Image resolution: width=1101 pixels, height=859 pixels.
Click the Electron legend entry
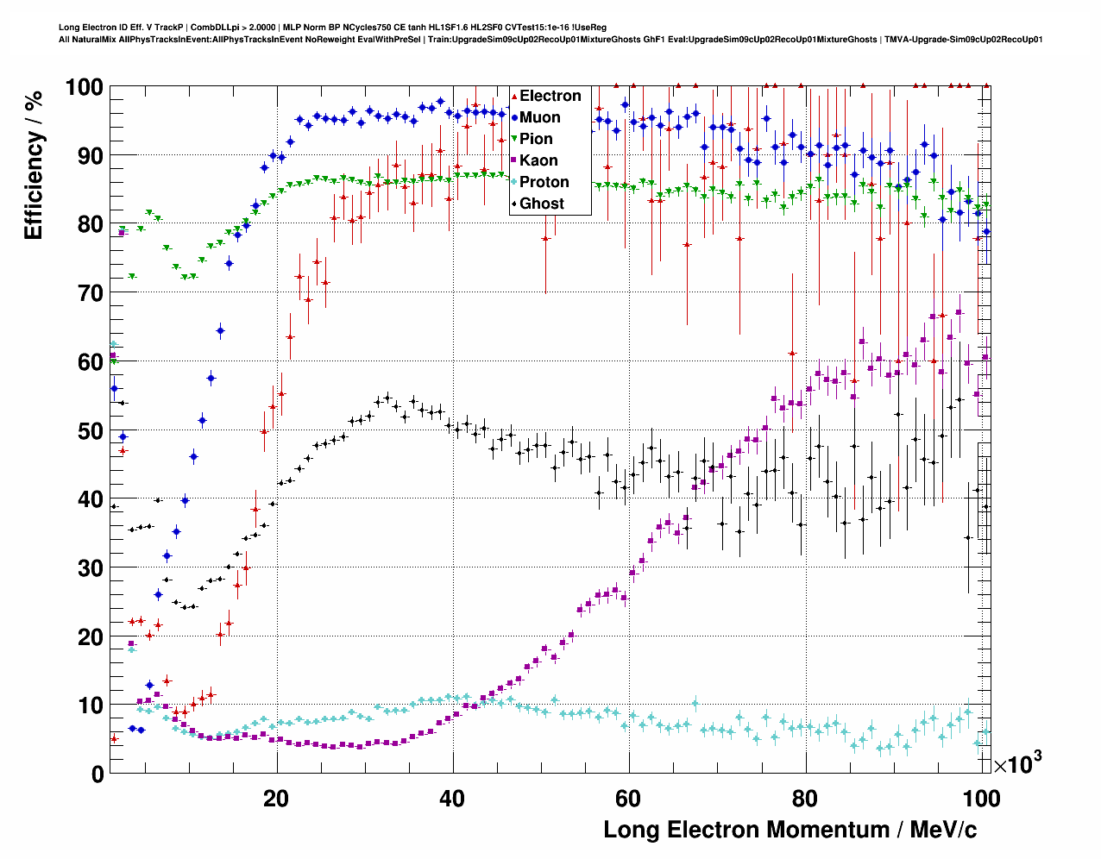click(550, 96)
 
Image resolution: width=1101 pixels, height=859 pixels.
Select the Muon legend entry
click(539, 117)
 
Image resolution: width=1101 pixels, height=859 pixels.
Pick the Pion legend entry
click(536, 139)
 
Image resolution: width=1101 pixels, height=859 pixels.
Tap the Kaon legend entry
click(538, 160)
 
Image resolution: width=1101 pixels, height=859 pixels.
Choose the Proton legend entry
click(544, 182)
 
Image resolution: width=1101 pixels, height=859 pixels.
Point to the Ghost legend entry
click(541, 204)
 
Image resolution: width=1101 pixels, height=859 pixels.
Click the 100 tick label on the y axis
click(84, 87)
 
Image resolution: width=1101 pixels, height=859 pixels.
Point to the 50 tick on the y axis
click(89, 430)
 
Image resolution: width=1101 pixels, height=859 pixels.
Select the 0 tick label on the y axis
click(97, 774)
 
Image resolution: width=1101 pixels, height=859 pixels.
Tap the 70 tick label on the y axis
click(89, 293)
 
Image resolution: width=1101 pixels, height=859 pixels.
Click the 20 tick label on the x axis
click(276, 799)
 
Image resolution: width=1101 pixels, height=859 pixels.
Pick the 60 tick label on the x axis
click(629, 799)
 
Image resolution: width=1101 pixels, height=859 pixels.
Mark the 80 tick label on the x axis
click(805, 799)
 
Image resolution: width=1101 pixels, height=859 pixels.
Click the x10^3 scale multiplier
click(1017, 763)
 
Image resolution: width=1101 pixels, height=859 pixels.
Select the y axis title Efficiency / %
click(34, 164)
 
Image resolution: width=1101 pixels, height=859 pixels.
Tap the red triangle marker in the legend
click(514, 96)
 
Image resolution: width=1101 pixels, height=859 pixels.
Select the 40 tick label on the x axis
click(452, 799)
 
